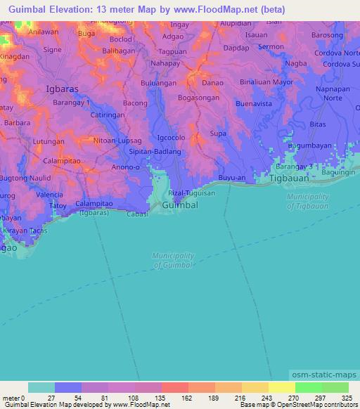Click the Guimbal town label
180,204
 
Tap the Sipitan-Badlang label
156,151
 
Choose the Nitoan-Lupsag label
117,141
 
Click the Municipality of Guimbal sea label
173,260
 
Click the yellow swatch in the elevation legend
281,387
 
